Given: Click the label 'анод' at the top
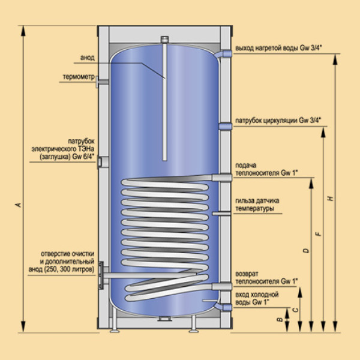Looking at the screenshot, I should [x=88, y=58].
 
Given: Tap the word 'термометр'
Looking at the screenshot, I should [x=76, y=77].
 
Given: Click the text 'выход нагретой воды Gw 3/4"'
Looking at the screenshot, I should [x=278, y=49].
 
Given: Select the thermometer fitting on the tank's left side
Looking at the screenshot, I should [x=101, y=82].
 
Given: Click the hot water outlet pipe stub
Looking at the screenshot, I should [x=226, y=54].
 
